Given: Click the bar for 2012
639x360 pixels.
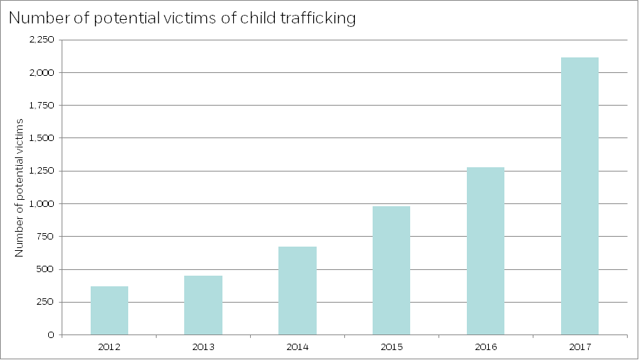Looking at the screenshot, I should point(109,310).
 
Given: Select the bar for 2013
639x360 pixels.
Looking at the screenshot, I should point(203,305).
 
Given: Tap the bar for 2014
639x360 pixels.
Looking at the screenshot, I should point(298,291).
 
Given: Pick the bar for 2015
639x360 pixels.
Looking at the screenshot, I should point(391,270).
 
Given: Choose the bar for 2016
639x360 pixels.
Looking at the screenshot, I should point(485,251).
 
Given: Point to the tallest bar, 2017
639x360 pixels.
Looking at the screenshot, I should point(579,196).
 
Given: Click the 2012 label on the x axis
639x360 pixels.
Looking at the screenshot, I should point(109,347).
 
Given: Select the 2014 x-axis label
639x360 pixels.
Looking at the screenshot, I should point(298,347).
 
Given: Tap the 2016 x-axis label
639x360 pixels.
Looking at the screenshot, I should point(485,347).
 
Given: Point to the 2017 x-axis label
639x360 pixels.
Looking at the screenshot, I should point(579,347).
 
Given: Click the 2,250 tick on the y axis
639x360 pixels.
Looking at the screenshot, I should point(42,40).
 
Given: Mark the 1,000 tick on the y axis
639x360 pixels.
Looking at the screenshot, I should point(42,203).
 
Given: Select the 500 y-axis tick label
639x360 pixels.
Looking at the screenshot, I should point(45,269).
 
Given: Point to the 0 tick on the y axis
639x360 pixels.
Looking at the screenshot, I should point(51,334).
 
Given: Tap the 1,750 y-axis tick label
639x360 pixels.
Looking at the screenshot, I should point(42,106).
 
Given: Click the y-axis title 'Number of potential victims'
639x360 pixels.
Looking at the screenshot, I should point(20,187).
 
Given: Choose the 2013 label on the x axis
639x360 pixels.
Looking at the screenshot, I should point(203,347).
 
